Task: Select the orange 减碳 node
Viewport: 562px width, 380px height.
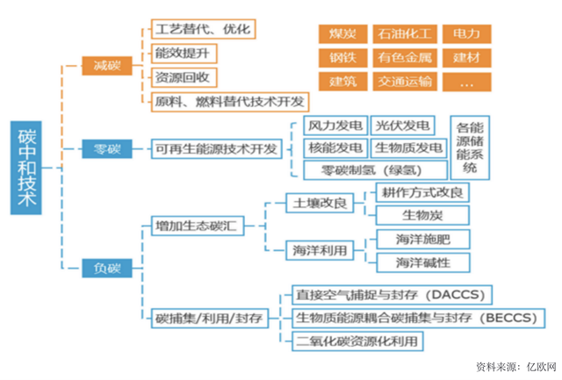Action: (107, 66)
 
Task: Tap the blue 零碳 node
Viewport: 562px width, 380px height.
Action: (107, 148)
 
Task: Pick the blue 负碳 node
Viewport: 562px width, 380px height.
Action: (107, 268)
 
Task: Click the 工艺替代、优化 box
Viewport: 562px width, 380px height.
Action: (201, 29)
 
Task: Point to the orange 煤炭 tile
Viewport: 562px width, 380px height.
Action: (342, 34)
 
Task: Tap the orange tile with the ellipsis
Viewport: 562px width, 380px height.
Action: (466, 82)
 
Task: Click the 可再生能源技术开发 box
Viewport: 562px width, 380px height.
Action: (215, 148)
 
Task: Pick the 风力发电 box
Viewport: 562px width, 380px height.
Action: (334, 125)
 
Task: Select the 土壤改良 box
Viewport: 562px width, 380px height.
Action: (318, 204)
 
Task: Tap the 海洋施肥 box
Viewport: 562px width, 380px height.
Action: (421, 239)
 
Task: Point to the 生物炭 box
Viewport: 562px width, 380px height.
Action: (421, 215)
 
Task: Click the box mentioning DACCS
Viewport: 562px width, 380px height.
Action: (393, 293)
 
